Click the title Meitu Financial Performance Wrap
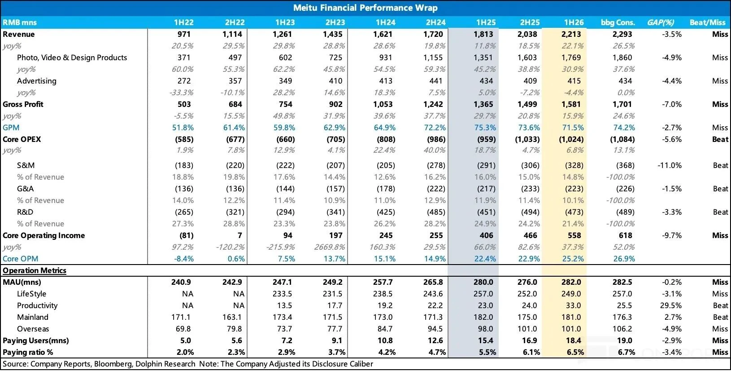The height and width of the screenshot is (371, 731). coord(365,8)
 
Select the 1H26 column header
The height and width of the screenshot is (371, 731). coord(574,22)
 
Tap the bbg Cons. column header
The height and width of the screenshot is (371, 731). coord(618,22)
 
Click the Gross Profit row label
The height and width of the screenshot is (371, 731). coord(23,104)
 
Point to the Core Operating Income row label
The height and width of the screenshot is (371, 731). coord(44,235)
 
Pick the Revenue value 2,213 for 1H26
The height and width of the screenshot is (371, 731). coord(571,34)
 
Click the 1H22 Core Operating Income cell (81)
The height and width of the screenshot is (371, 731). coord(187,235)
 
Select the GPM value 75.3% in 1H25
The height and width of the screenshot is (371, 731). coord(485,128)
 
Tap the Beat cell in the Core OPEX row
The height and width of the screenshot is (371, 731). coord(720,139)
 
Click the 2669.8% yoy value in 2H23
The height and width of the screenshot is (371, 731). coord(330,247)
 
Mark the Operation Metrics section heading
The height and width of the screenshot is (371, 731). coord(35,270)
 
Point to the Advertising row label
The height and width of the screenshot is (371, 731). coord(37,81)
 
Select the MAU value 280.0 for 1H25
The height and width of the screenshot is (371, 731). coord(483,282)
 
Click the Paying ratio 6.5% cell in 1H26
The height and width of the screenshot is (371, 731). coord(573,352)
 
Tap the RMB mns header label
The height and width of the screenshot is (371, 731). coord(20,22)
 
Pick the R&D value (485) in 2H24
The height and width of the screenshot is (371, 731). coord(436,212)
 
